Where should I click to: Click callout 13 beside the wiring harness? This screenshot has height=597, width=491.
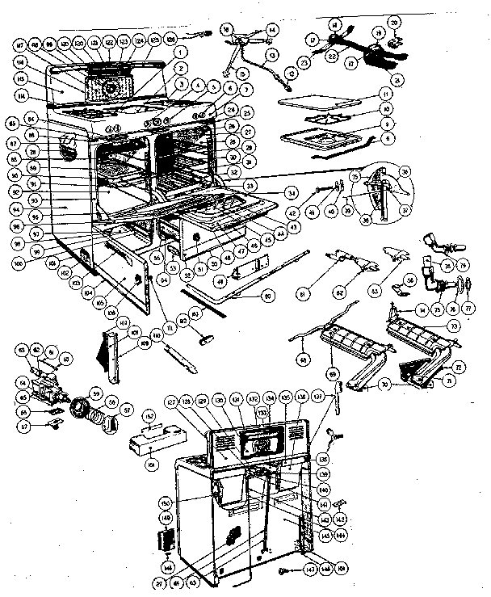coord(272,53)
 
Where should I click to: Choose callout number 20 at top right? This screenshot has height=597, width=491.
coord(394,22)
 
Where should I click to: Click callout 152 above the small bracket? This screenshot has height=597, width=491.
coord(149,417)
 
